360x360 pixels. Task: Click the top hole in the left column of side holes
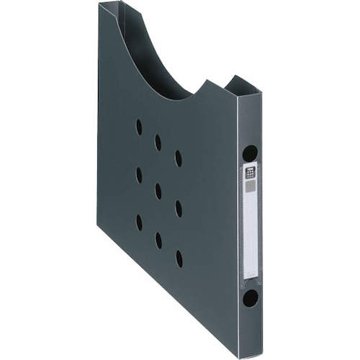click(139, 127)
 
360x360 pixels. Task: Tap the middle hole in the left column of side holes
click(139, 175)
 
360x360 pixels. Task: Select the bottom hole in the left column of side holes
click(139, 222)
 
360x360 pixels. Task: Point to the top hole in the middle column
click(158, 143)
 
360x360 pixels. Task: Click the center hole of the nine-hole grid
click(158, 192)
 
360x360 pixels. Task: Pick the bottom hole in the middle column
click(158, 240)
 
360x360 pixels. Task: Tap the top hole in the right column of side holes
click(178, 158)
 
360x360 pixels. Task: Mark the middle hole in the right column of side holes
click(179, 209)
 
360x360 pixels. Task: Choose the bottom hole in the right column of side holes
click(179, 258)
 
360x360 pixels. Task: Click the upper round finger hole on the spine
click(250, 153)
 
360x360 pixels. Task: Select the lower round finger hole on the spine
click(250, 297)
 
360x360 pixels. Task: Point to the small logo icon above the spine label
click(250, 172)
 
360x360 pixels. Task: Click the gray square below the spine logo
click(250, 186)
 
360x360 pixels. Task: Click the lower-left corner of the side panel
click(99, 228)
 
